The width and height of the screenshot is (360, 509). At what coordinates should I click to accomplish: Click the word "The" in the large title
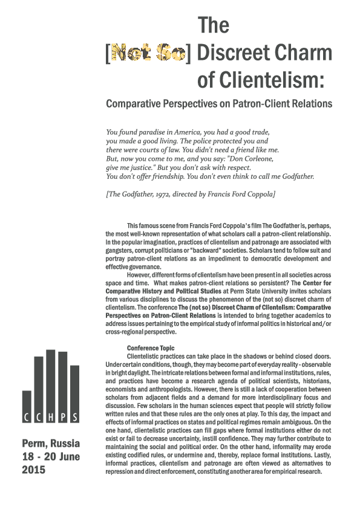tap(214, 26)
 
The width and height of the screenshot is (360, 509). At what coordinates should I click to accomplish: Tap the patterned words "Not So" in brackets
tap(148, 54)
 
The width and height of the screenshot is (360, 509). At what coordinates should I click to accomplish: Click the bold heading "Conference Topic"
tap(150, 348)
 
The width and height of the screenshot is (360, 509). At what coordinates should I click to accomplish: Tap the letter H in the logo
tap(50, 418)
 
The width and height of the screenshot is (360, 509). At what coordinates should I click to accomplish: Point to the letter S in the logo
tap(74, 418)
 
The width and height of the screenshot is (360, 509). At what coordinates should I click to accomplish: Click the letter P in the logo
tap(62, 418)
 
